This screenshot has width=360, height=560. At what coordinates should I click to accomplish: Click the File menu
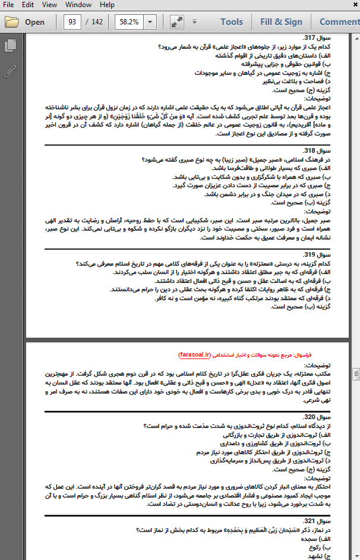[11, 5]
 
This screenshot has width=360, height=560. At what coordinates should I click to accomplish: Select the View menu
[50, 5]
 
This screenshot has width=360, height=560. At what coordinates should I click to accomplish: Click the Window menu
[78, 5]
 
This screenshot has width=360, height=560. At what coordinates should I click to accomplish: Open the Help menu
[107, 5]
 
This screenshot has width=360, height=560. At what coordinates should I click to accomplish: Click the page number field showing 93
[72, 22]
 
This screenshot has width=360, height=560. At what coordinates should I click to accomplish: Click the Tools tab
[232, 22]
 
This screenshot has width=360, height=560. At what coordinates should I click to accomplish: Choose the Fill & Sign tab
[281, 22]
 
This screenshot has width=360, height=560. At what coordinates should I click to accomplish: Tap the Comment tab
[340, 22]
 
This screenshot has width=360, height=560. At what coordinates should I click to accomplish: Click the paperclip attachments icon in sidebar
[10, 71]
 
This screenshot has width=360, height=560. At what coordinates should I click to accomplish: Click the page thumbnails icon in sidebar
[10, 46]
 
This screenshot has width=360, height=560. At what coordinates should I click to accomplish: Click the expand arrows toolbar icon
[176, 22]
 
